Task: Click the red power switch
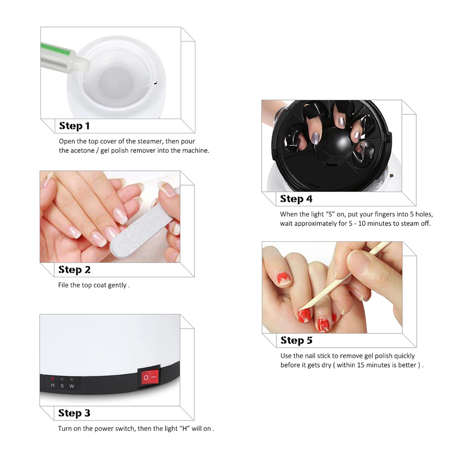tap(150, 377)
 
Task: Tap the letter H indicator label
tap(53, 385)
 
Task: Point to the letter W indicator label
tap(72, 386)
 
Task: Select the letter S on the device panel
tap(62, 386)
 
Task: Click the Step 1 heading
tap(74, 126)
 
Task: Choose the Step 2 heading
tap(75, 269)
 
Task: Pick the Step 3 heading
tap(74, 413)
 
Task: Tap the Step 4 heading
tap(296, 199)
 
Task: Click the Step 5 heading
tap(296, 340)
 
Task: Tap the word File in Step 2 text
tap(63, 285)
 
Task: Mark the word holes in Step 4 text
tap(424, 214)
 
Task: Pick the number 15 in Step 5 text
tap(361, 365)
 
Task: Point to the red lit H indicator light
tap(53, 379)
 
